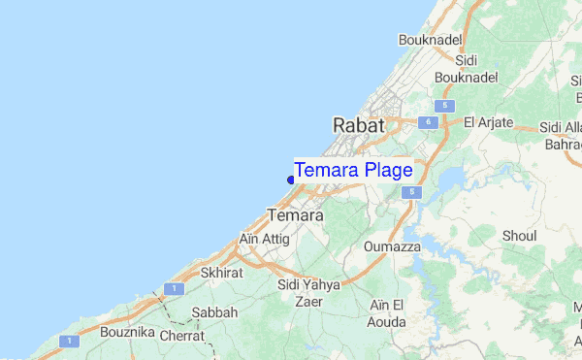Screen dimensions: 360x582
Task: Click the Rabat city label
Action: pos(359,125)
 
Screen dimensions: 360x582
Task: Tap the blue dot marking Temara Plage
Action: pos(291,180)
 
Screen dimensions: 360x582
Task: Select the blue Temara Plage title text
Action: pos(353,171)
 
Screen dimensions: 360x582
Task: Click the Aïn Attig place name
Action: pos(263,239)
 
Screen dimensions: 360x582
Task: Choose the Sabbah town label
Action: pos(214,313)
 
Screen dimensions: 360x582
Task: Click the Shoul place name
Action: pos(520,236)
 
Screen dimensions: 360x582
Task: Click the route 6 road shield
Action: pos(427,122)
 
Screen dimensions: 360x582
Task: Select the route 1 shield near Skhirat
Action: pos(171,289)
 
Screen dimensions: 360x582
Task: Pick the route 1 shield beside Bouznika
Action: pos(69,342)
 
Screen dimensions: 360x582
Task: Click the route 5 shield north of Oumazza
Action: pos(414,193)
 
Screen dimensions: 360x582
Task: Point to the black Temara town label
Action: pos(294,215)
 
